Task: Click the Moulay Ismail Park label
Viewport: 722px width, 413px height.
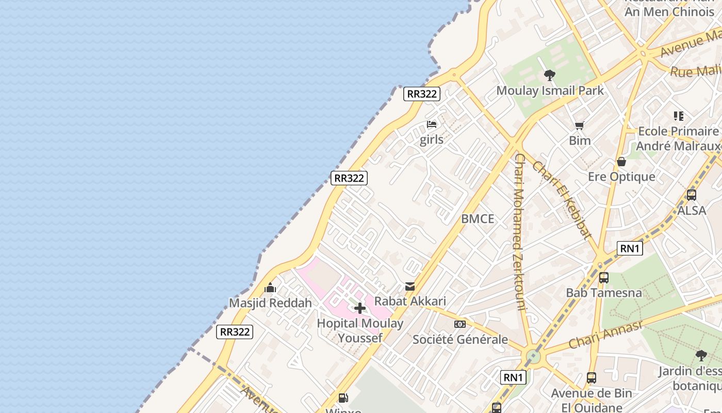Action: (550, 91)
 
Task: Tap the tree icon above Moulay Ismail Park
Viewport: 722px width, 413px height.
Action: (550, 75)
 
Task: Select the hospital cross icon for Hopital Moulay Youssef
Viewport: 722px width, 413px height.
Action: (360, 309)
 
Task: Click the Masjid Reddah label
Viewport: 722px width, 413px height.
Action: (270, 303)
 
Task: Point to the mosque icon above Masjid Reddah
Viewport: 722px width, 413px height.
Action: (270, 288)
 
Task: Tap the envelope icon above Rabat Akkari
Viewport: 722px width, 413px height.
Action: (410, 286)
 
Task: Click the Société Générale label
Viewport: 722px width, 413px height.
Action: (460, 340)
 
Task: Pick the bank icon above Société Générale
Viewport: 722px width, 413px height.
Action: (460, 324)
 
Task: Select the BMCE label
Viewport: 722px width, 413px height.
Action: (478, 219)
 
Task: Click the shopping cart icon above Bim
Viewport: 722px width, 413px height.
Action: (580, 125)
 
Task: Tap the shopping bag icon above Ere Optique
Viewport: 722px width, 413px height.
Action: (621, 162)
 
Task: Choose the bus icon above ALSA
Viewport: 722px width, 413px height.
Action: (692, 195)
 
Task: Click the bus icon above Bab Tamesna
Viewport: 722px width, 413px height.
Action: (603, 278)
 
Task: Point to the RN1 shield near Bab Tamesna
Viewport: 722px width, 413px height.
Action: (630, 248)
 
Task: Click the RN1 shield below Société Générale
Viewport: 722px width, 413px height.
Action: (513, 377)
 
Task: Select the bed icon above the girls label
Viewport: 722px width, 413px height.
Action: (432, 124)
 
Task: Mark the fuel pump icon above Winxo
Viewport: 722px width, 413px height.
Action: (343, 398)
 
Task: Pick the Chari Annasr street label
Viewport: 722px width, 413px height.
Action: (606, 334)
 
